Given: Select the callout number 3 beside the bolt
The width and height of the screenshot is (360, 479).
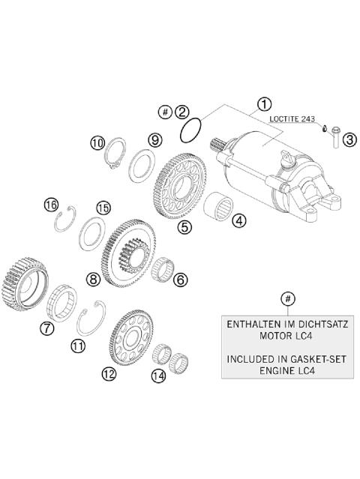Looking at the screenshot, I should (x=349, y=138).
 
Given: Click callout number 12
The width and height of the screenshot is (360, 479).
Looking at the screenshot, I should (x=110, y=373).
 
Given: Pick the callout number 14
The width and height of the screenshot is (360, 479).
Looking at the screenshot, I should (x=158, y=376).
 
